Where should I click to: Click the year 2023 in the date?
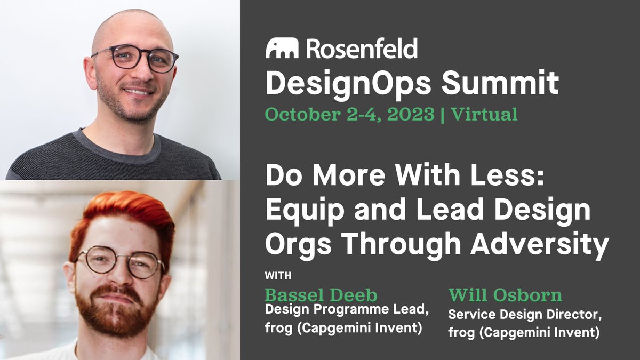tap(412, 114)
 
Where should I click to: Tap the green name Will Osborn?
tap(505, 295)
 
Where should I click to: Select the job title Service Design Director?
tap(525, 315)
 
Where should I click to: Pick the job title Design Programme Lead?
tap(347, 310)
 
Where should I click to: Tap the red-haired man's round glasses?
tap(119, 261)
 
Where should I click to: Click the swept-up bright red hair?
tap(122, 213)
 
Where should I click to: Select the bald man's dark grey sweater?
tap(112, 160)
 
